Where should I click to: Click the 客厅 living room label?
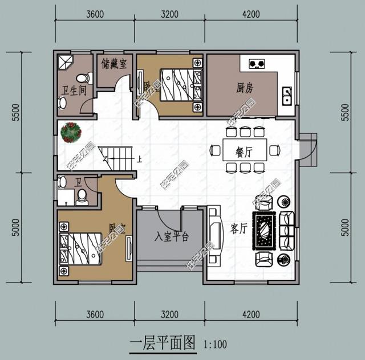click(238, 229)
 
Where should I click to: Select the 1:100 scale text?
click(215, 344)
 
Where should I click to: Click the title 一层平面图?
click(163, 343)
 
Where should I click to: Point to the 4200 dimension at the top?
click(251, 14)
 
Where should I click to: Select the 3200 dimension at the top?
click(169, 14)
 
